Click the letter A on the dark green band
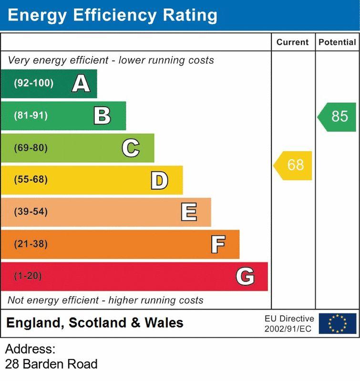(x=81, y=84)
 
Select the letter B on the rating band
(x=102, y=116)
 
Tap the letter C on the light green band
(x=130, y=148)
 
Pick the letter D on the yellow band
(x=159, y=180)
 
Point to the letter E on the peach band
(x=189, y=212)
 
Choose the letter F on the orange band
(x=218, y=244)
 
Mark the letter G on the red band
(x=245, y=276)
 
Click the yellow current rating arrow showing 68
(x=294, y=165)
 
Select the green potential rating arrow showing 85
(x=338, y=116)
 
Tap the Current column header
(x=293, y=42)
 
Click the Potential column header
(x=337, y=42)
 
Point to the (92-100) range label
(x=33, y=84)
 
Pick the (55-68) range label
(x=31, y=180)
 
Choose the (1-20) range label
(x=28, y=276)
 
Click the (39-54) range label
(x=31, y=212)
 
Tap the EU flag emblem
(x=337, y=323)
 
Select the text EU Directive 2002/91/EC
(x=289, y=323)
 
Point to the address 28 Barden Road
(x=51, y=364)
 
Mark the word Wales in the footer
(x=164, y=323)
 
